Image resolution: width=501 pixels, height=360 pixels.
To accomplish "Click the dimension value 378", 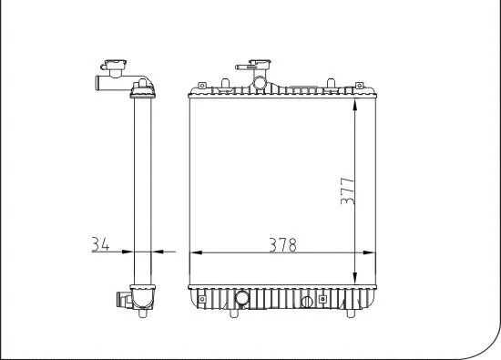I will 281,244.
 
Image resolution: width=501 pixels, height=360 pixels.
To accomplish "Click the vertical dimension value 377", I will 346,190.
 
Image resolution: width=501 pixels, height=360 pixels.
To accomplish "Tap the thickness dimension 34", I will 102,244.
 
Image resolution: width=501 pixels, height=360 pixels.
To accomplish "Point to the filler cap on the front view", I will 247,66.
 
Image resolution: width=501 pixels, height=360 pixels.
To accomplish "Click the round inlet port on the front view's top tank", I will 260,85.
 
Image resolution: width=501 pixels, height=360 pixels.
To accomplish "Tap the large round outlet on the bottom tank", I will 242,298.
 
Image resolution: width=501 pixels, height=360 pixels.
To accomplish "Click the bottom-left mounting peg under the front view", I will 235,316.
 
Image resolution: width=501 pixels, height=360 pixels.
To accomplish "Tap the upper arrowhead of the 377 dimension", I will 353,99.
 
